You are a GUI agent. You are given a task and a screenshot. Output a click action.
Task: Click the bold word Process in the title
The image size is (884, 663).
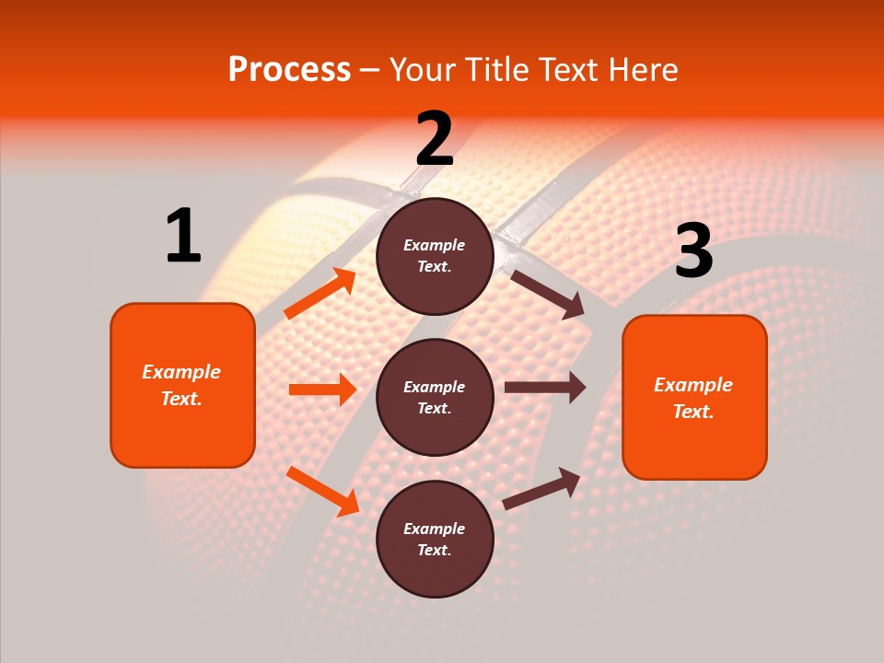[289, 70]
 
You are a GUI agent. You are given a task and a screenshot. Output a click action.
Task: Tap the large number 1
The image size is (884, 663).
[183, 237]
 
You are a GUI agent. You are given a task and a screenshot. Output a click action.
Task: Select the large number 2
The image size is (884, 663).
[435, 139]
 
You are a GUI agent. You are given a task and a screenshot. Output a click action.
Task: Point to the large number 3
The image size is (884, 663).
[693, 251]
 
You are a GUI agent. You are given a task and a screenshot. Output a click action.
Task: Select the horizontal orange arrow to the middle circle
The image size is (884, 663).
[322, 390]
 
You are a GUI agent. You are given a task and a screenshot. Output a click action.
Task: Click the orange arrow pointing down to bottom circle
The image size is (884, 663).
[322, 491]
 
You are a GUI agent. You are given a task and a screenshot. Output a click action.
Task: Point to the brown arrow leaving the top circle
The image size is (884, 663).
[547, 294]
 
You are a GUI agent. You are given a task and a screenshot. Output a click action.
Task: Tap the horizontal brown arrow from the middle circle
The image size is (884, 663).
[544, 388]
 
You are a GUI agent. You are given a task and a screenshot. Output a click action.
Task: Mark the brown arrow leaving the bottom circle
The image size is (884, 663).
[541, 489]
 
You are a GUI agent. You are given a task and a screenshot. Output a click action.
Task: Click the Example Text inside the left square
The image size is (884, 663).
[182, 385]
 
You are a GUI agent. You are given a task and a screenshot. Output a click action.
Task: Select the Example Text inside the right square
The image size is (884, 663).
[693, 398]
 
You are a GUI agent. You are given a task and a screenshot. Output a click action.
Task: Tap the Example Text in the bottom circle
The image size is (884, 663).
[435, 539]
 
